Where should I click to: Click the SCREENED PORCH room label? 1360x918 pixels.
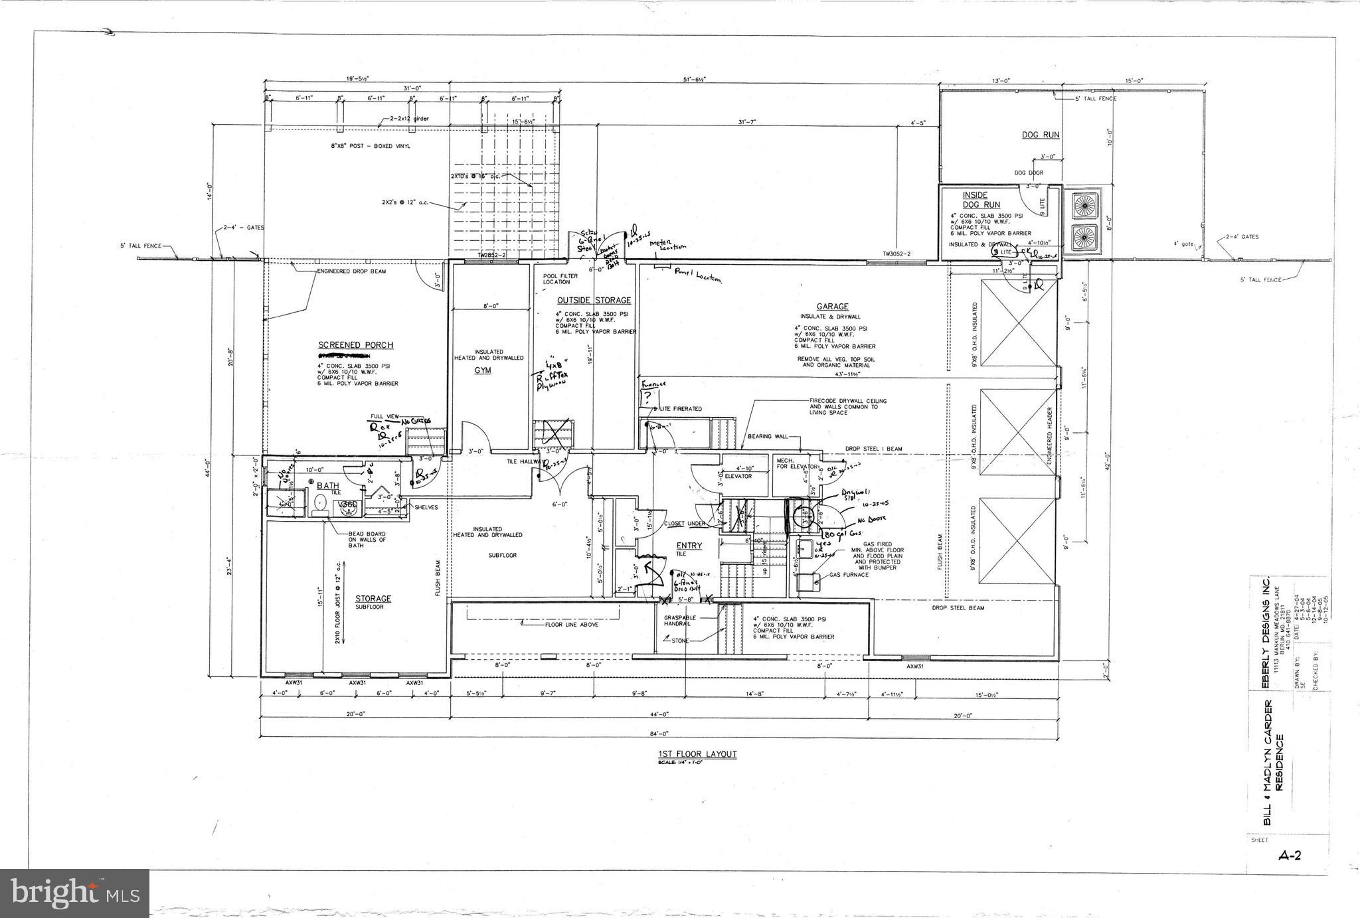(x=355, y=345)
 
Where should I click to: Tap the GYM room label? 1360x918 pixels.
(x=483, y=370)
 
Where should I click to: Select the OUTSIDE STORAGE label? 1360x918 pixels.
(x=594, y=301)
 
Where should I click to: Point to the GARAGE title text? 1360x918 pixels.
(x=832, y=307)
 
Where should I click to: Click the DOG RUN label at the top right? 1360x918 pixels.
(x=1041, y=135)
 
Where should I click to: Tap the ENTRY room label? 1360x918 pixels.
(x=690, y=546)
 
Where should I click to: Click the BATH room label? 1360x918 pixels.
(x=327, y=486)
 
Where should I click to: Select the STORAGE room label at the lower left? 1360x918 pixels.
(x=373, y=599)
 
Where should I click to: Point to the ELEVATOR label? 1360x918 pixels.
(x=738, y=476)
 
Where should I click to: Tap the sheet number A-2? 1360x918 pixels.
(x=1289, y=855)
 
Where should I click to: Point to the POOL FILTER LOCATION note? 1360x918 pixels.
(x=560, y=279)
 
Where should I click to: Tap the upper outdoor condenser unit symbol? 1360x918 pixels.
(x=1082, y=204)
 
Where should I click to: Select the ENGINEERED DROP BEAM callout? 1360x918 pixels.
(x=351, y=271)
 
